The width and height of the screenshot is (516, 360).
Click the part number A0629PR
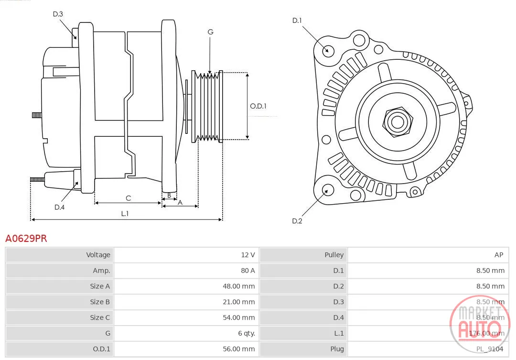pyautogui.click(x=26, y=238)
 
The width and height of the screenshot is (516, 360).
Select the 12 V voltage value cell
pyautogui.click(x=248, y=255)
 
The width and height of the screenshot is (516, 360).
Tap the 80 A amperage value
pyautogui.click(x=248, y=271)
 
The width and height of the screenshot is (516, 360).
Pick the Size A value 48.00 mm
pyautogui.click(x=238, y=286)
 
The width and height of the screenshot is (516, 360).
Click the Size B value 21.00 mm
pyautogui.click(x=238, y=302)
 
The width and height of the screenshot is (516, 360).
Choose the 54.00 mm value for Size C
pyautogui.click(x=238, y=317)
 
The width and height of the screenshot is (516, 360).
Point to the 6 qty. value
pyautogui.click(x=247, y=333)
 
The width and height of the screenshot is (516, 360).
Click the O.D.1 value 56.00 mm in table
pyautogui.click(x=238, y=349)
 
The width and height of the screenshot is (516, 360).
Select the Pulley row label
pyautogui.click(x=334, y=255)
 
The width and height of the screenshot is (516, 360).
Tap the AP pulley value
pyautogui.click(x=499, y=255)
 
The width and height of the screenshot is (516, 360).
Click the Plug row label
pyautogui.click(x=337, y=349)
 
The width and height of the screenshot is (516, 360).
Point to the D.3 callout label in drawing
pyautogui.click(x=58, y=14)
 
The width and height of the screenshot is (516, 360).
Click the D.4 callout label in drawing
pyautogui.click(x=60, y=207)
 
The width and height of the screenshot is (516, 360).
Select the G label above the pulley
pyautogui.click(x=211, y=32)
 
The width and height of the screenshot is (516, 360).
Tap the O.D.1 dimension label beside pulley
pyautogui.click(x=258, y=106)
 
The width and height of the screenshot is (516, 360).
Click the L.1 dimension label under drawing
pyautogui.click(x=125, y=213)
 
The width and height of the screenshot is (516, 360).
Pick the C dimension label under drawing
pyautogui.click(x=129, y=198)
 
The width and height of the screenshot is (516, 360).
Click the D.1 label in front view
pyautogui.click(x=297, y=21)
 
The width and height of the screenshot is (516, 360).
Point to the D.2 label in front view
pyautogui.click(x=297, y=221)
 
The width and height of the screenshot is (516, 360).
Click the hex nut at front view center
pyautogui.click(x=398, y=122)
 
